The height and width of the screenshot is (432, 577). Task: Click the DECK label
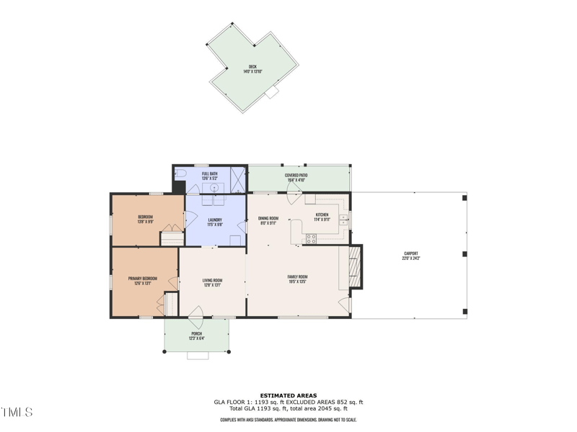[252, 67]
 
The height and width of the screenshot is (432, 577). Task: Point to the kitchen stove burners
[311, 239]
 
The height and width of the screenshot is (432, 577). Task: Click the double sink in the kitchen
[344, 219]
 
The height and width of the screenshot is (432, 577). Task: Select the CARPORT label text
[411, 254]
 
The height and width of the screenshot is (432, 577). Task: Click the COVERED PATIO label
[296, 175]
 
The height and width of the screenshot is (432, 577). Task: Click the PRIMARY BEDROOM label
[143, 279]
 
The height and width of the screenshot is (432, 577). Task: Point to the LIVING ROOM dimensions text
[212, 285]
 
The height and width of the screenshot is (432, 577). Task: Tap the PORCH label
[197, 333]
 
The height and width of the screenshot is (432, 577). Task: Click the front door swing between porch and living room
[194, 312]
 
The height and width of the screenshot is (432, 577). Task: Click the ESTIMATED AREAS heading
[288, 395]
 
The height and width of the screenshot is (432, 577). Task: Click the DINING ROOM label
[268, 217]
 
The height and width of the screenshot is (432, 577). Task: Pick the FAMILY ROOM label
[297, 276]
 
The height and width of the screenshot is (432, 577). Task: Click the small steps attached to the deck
[272, 93]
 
